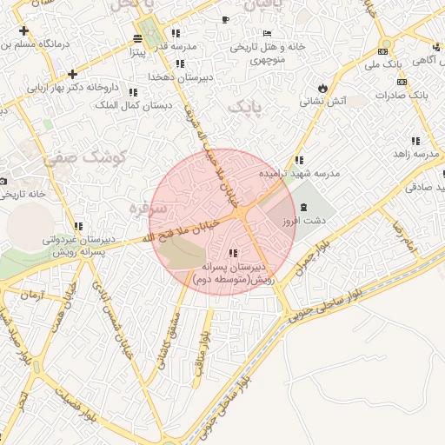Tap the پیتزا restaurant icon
(x=138, y=38)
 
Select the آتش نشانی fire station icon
(x=323, y=89)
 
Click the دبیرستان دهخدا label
(x=179, y=77)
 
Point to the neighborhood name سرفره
(x=145, y=209)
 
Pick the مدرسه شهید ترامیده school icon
(x=299, y=160)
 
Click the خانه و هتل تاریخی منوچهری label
(x=261, y=54)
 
